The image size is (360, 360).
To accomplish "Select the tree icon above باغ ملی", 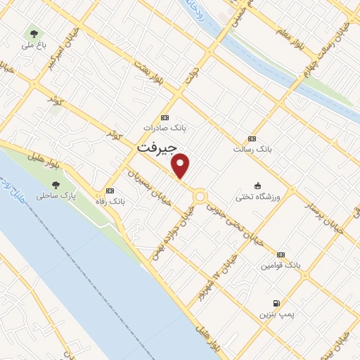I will (x=33, y=33).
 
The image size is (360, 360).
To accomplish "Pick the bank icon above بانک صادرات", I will (x=165, y=117).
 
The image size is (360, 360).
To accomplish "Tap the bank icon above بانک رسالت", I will (x=252, y=139).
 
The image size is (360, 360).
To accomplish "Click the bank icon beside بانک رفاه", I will (x=109, y=191).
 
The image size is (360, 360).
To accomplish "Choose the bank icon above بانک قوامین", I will (x=281, y=255).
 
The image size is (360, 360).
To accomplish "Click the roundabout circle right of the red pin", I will (x=200, y=196).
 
